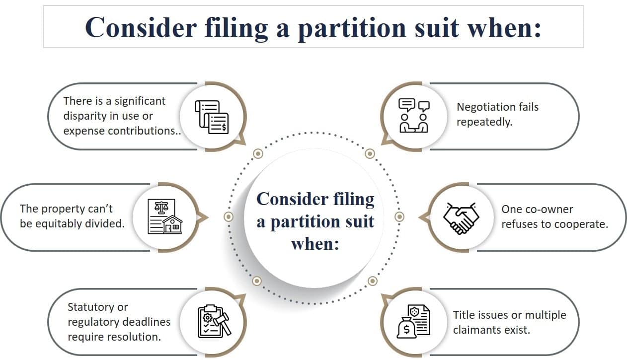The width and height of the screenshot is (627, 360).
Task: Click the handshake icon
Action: point(461,217)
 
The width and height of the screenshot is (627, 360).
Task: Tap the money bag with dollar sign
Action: point(405,328)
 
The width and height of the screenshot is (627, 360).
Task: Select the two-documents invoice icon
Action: point(212,117)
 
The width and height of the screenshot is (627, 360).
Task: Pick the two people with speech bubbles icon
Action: point(414,116)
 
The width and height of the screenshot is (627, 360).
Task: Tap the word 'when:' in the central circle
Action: point(314,244)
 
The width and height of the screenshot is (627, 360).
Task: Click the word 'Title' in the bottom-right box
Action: point(464,315)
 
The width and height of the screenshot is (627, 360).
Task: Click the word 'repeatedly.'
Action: point(484,122)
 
